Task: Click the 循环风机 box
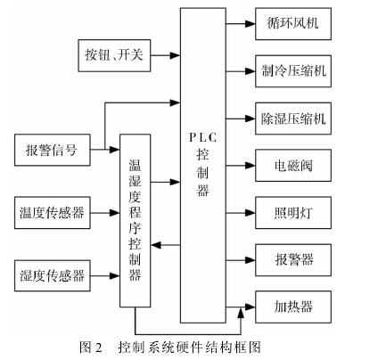pos(293,24)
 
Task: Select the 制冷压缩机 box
pos(293,71)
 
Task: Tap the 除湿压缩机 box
pos(293,119)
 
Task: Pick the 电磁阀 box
pos(293,166)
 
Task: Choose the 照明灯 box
pos(293,213)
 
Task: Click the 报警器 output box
pos(293,260)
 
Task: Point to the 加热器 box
pos(293,307)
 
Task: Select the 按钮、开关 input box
pos(114,55)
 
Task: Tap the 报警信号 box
pos(53,150)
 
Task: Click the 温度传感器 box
pos(53,213)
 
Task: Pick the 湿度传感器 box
pos(53,275)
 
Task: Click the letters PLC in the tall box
pos(203,138)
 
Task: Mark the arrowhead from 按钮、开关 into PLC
pos(175,55)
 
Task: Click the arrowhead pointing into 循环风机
pos(251,24)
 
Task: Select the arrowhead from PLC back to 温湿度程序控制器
pos(156,245)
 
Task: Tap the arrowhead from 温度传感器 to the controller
pos(115,213)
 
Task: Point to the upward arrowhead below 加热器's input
pos(241,313)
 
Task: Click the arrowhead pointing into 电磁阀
pos(251,166)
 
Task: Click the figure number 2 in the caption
pos(99,347)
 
